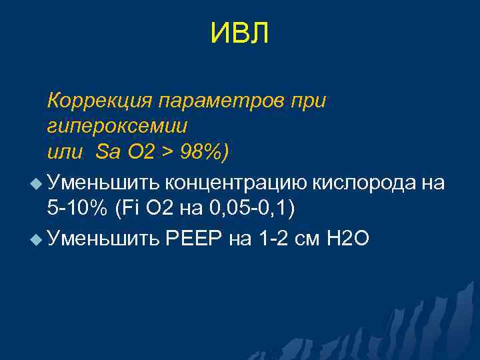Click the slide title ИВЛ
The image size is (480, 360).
[x=239, y=34]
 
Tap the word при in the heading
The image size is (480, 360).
[x=310, y=101]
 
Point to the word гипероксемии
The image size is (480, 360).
[x=117, y=126]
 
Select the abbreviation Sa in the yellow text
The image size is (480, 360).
[x=107, y=151]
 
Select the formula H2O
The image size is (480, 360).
[x=347, y=238]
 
